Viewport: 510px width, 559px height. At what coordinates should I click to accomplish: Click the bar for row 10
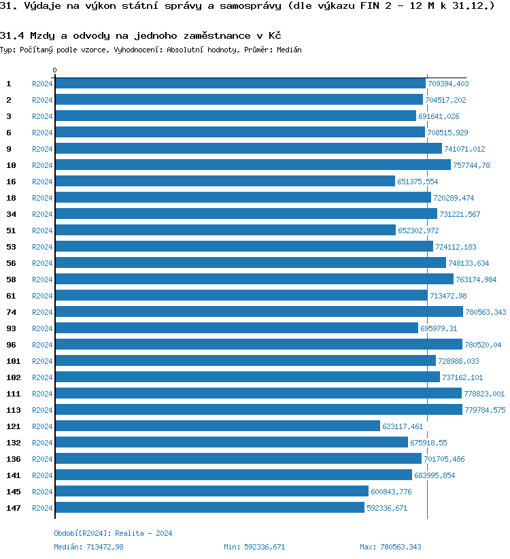pos(252,165)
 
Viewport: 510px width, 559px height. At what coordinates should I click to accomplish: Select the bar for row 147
pos(209,507)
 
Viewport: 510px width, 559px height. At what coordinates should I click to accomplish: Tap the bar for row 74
pos(258,311)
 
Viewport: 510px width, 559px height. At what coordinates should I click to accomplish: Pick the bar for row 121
pos(217,426)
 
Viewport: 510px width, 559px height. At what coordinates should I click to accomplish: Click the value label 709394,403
pos(448,84)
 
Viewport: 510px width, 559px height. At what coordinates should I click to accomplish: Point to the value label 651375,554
pos(418,182)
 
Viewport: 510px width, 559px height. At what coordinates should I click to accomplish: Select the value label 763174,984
pos(476,279)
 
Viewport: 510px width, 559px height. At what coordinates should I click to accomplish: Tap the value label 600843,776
pos(390,492)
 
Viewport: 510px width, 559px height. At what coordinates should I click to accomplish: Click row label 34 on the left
pos(11,214)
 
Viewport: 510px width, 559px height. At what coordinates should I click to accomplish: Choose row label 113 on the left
pos(13,410)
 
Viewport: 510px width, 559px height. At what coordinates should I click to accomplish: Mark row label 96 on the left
pos(11,345)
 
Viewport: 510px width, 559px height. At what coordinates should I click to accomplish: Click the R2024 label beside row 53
pos(42,247)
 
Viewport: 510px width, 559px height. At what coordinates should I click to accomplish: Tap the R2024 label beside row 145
pos(42,492)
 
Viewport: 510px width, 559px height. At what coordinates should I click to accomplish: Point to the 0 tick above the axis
pos(55,70)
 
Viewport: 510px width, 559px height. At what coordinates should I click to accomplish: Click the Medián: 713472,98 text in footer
pos(88,547)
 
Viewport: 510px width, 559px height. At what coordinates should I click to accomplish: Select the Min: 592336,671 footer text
pos(254,547)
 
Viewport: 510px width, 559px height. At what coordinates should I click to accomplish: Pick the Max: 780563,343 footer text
pos(390,547)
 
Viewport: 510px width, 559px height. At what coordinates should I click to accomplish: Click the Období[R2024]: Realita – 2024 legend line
pos(113,533)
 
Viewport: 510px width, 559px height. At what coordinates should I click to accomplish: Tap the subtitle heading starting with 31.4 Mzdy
pos(141,35)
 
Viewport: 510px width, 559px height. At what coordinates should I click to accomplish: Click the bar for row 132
pos(231,442)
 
